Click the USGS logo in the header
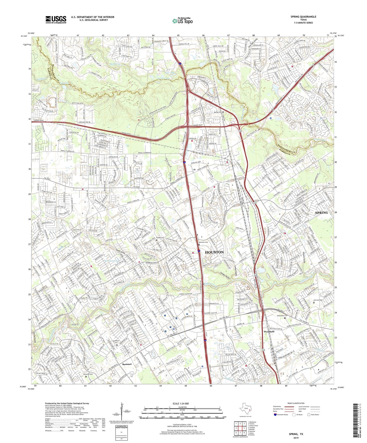(56, 20)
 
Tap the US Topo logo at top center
(182, 21)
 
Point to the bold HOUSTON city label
(214, 252)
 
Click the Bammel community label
(127, 364)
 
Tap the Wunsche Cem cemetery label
(203, 242)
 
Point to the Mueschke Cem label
(282, 316)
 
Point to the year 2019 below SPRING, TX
(296, 438)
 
